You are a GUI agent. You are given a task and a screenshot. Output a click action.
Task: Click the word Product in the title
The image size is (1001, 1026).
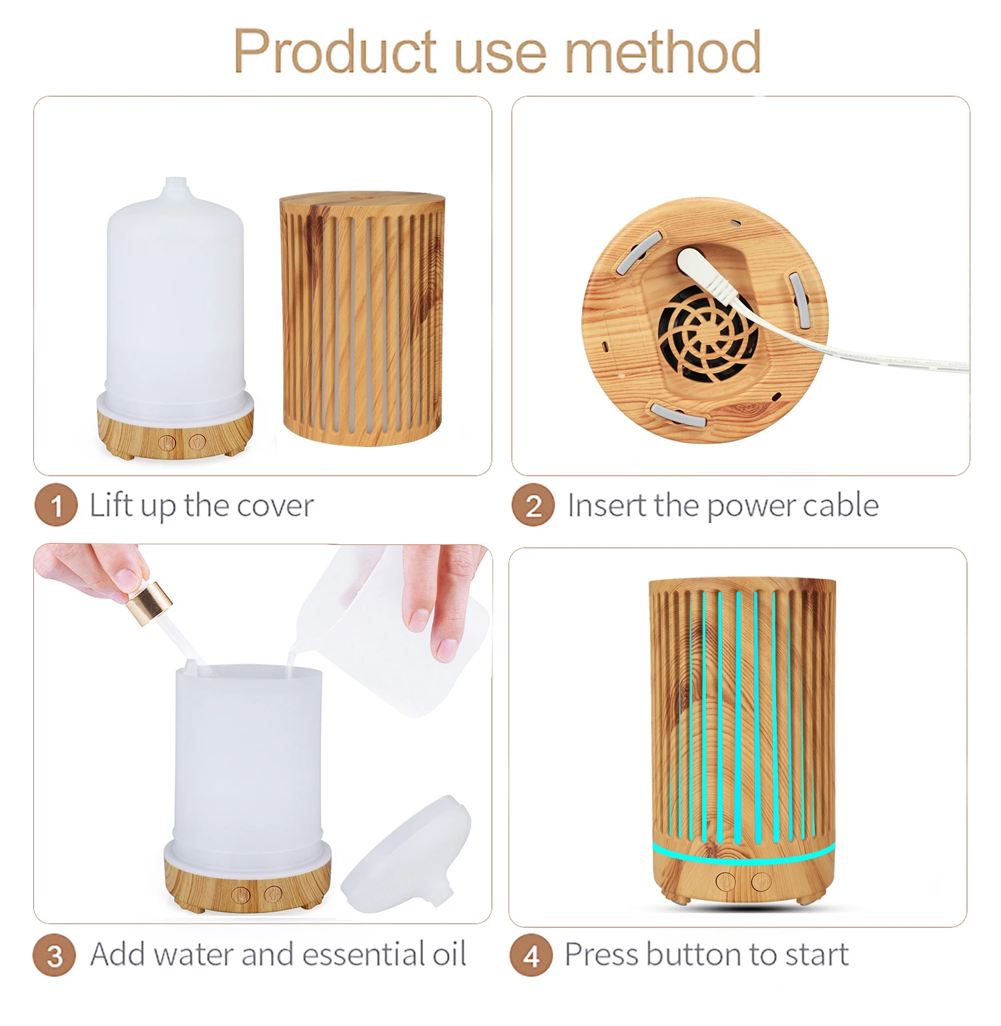(x=335, y=52)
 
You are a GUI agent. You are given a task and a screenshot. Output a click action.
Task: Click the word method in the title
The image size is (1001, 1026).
(x=663, y=52)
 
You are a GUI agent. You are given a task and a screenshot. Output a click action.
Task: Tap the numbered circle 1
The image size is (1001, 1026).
(x=56, y=505)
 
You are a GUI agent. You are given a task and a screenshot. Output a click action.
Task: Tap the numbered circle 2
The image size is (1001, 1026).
(x=533, y=505)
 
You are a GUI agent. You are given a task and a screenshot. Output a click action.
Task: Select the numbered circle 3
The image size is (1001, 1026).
(x=54, y=955)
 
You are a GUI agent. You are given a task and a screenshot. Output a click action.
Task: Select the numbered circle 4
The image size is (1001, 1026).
(x=531, y=955)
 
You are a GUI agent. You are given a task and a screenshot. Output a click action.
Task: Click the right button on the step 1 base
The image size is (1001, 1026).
(x=197, y=441)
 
